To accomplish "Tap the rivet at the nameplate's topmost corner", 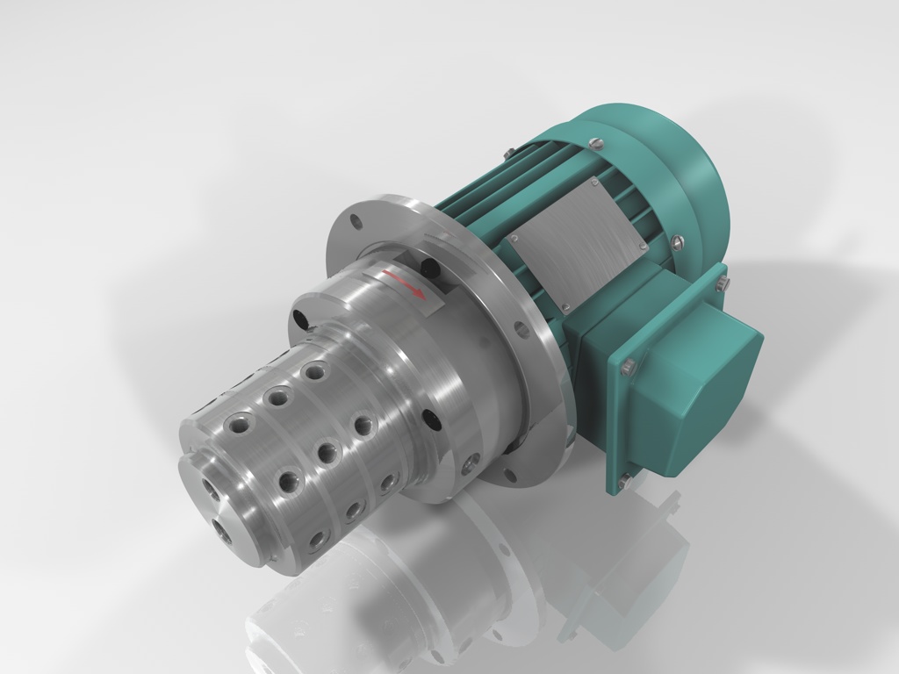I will [594, 183].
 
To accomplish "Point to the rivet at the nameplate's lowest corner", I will [567, 307].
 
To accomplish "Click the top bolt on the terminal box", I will [722, 283].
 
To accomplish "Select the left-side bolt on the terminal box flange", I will [627, 369].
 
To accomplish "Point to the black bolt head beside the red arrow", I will [429, 266].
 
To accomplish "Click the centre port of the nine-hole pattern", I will [326, 454].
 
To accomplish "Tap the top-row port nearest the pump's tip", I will [237, 426].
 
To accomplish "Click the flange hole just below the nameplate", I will [524, 328].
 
